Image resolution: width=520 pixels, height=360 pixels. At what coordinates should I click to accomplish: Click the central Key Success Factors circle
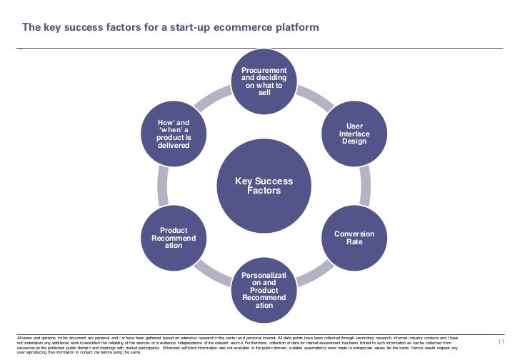[264, 186]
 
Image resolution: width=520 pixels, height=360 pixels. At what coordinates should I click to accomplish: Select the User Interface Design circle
[354, 134]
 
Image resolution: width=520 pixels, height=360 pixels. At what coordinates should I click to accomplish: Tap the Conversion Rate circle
[354, 238]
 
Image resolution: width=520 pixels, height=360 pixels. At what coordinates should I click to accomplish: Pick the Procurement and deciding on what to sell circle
[264, 81]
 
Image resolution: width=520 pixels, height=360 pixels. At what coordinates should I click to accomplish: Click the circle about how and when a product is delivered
[174, 134]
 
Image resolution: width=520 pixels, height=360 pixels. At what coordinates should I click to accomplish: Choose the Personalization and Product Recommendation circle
[264, 290]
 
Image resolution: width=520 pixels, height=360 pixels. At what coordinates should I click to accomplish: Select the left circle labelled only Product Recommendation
[174, 238]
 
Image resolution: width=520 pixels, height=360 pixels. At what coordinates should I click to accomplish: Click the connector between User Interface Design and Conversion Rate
[364, 186]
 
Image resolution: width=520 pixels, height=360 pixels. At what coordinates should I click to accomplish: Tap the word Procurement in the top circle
[264, 70]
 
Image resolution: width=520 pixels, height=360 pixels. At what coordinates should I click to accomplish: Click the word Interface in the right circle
[354, 134]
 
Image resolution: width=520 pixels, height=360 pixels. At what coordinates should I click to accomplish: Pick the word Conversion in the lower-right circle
[354, 234]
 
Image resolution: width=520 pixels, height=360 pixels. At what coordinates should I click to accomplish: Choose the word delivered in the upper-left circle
[174, 145]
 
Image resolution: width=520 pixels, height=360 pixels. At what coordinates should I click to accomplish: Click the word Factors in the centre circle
[264, 191]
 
